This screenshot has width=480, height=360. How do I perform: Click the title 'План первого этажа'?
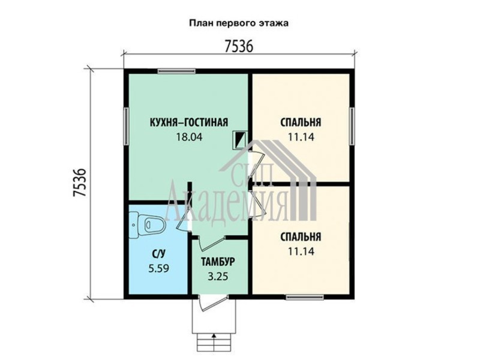click(239, 23)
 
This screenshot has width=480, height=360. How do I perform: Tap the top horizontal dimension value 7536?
click(239, 47)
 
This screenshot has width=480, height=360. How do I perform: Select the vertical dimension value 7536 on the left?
click(79, 183)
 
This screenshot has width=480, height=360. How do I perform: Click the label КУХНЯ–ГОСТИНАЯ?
click(189, 122)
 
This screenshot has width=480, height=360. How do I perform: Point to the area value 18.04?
click(189, 137)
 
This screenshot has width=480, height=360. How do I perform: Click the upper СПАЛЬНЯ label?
click(301, 122)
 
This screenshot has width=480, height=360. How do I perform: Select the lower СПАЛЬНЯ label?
click(301, 237)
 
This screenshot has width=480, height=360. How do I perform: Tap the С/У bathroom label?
click(158, 253)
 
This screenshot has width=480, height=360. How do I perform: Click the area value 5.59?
click(158, 268)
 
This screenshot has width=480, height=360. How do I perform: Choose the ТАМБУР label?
click(218, 262)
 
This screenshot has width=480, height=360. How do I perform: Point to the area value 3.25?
click(218, 277)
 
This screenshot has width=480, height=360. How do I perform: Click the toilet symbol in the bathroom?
click(148, 224)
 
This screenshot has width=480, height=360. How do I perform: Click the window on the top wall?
click(176, 71)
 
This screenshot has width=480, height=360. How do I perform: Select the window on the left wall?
click(126, 126)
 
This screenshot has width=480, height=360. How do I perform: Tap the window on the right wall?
click(352, 126)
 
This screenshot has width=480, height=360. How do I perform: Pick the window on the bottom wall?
click(305, 296)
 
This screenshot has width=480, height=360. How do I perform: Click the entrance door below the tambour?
click(212, 303)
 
